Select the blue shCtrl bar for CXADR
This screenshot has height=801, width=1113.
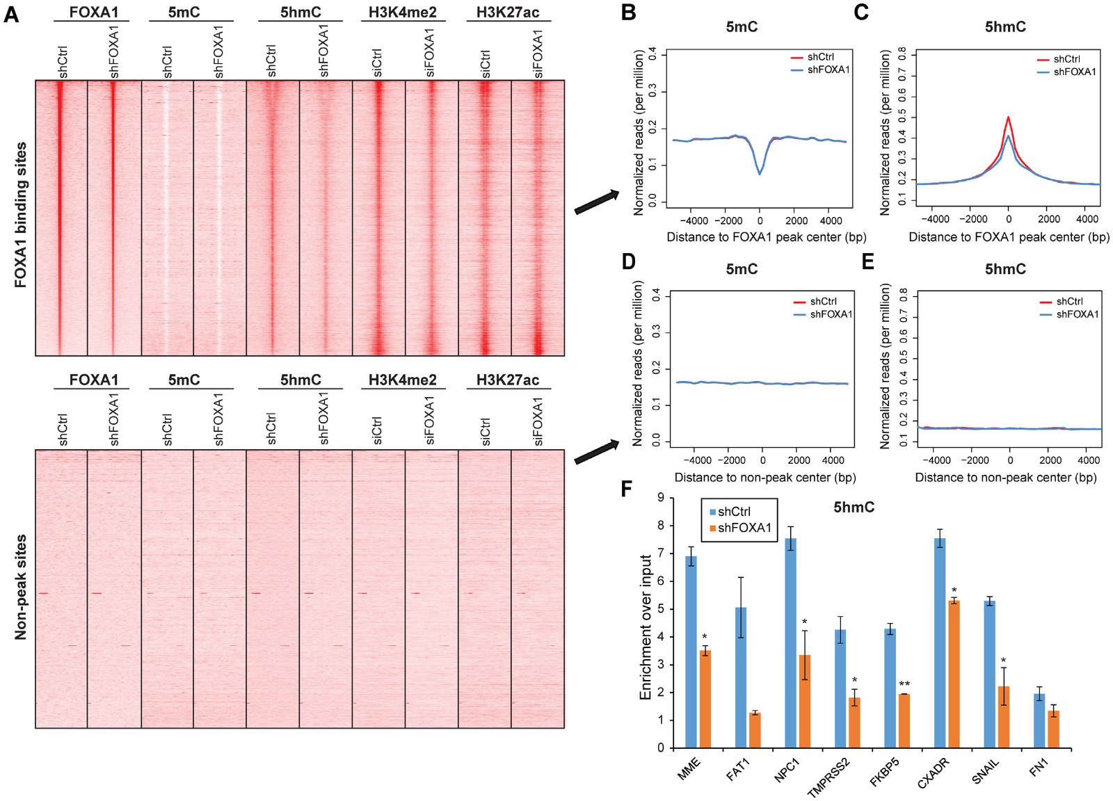940,643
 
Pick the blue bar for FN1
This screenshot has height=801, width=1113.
1039,720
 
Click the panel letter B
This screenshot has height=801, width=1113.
628,13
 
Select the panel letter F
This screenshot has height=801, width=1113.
627,489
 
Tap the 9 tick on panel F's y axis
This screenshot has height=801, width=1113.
661,498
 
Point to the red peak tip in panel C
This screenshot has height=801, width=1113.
1008,118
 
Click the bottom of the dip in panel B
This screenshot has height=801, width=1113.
760,173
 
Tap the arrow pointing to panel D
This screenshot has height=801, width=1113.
596,452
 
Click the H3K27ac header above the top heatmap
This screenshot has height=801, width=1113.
508,13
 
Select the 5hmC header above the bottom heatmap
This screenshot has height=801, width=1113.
301,380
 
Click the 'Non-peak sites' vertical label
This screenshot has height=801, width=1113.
21,588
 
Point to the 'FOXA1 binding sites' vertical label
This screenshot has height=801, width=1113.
21,216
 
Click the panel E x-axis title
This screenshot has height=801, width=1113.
1005,478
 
